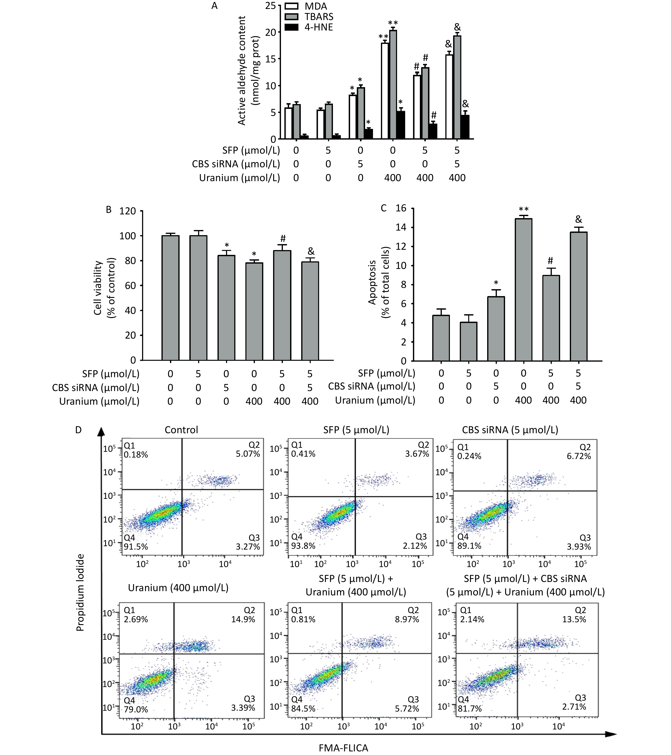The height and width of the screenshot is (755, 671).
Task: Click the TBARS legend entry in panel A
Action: click(318, 17)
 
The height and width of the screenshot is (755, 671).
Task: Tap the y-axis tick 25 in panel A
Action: click(271, 6)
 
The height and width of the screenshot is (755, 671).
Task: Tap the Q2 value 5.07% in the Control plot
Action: click(248, 454)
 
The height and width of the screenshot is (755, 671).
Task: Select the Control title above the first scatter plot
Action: click(181, 430)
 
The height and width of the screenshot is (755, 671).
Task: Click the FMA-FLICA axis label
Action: click(343, 748)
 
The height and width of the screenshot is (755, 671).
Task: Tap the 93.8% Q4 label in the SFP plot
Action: click(303, 546)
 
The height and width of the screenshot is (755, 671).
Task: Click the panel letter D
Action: click(78, 430)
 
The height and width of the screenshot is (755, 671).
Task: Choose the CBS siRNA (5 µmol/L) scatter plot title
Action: click(510, 430)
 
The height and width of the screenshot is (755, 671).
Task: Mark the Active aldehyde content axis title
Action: click(248, 70)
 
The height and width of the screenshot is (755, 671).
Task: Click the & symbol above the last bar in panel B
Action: click(311, 251)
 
